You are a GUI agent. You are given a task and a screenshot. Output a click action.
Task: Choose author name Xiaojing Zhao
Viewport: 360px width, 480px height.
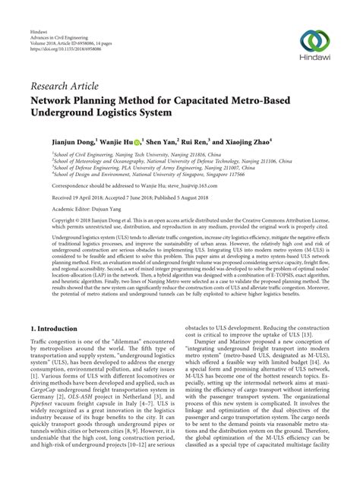[x=247, y=141]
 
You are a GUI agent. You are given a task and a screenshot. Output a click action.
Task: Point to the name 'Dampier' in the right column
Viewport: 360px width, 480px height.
[x=207, y=358]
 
